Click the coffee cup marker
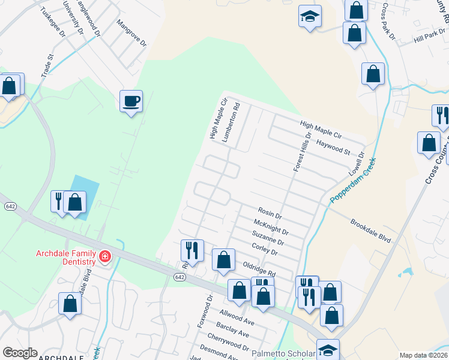130,101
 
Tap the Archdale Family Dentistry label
66,257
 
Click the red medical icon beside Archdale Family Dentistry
105,257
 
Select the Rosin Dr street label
270,212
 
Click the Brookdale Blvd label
370,230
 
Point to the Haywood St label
333,146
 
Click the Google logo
20,353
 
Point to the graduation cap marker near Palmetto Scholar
328,350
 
